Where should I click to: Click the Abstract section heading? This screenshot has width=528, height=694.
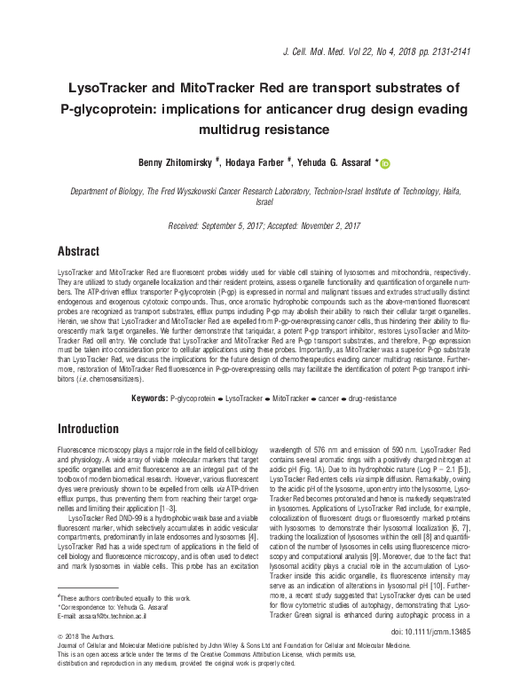coord(79,250)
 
